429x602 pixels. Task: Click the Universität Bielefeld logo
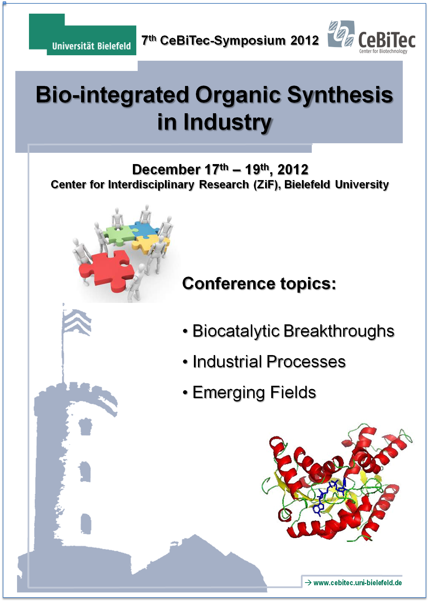(x=82, y=34)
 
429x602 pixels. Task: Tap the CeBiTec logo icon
(x=341, y=34)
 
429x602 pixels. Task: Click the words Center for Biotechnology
(x=383, y=51)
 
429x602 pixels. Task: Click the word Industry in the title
(x=228, y=122)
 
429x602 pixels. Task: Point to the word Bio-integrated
(x=112, y=95)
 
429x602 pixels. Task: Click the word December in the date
(x=166, y=170)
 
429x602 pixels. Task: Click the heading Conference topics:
(x=259, y=284)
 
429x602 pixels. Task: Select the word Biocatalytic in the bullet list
(x=236, y=332)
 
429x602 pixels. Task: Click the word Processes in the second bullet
(x=306, y=362)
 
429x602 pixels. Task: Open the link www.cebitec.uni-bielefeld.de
(x=358, y=583)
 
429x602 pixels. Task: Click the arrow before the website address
(x=308, y=583)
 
